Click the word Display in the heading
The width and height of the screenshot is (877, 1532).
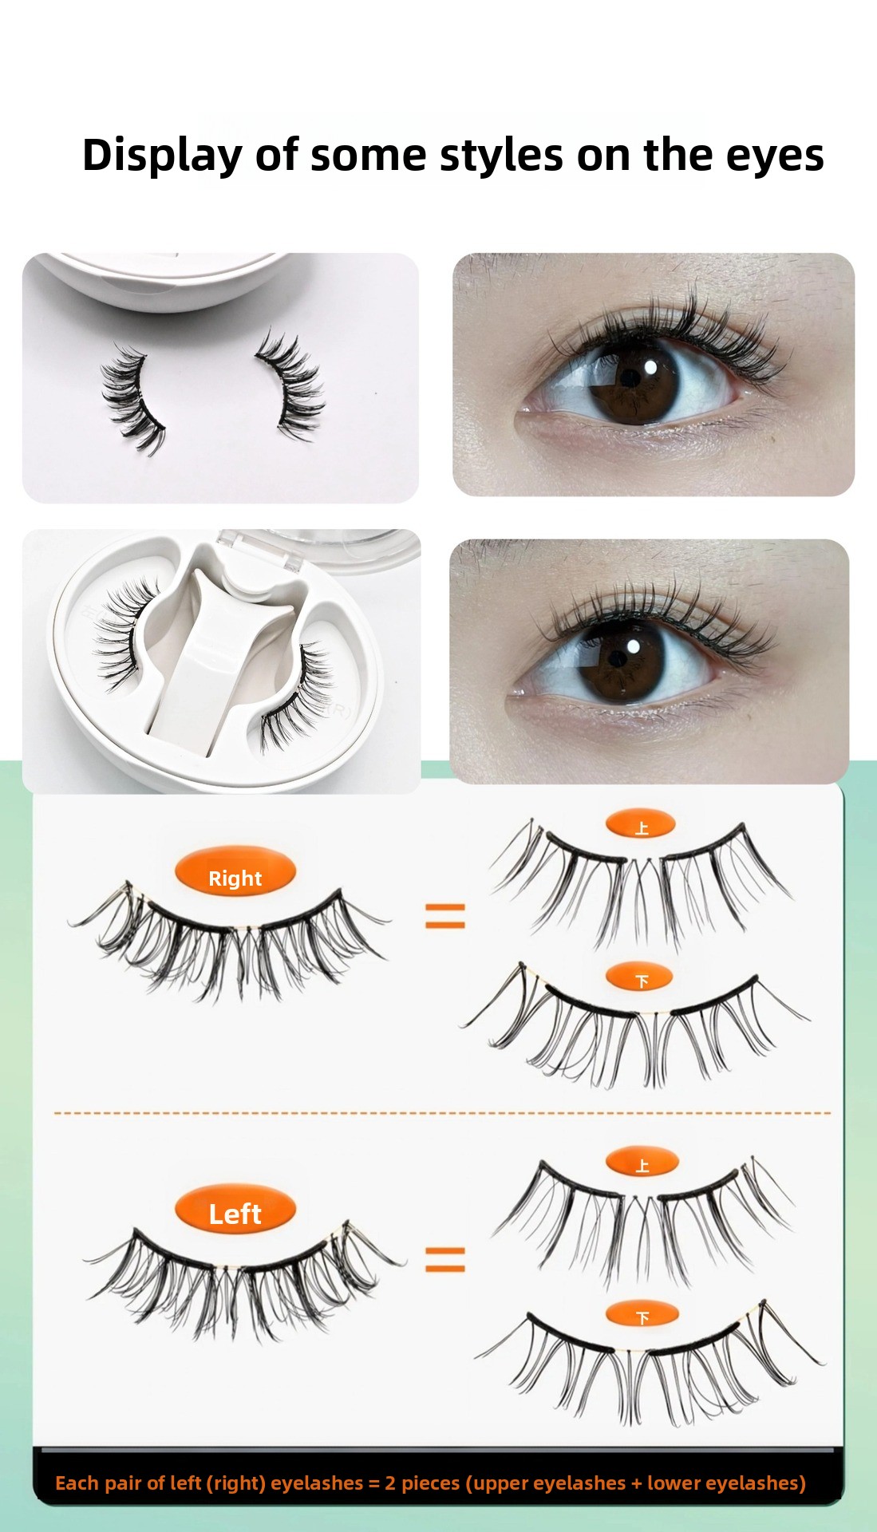point(162,156)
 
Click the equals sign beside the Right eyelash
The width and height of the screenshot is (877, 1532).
point(444,916)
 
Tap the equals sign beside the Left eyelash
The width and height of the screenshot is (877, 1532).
point(444,1260)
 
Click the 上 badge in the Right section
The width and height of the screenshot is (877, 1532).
point(641,825)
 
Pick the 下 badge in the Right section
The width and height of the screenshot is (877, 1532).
point(640,977)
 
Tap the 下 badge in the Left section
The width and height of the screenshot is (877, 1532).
point(642,1316)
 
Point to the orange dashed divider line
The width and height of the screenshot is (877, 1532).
point(442,1112)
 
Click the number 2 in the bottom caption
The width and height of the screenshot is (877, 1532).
point(390,1483)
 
